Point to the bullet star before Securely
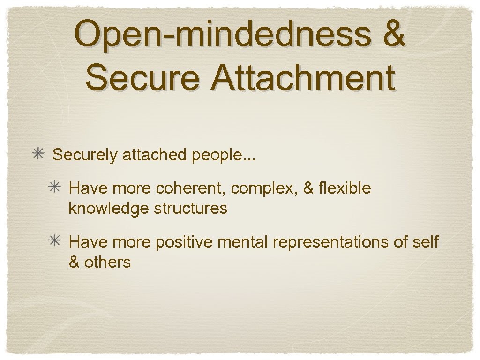(x=37, y=154)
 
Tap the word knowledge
(x=109, y=208)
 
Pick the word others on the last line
(x=107, y=262)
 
